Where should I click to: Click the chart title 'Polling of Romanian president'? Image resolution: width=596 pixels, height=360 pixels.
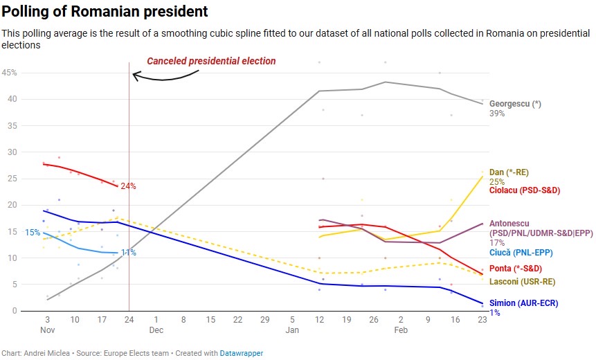click(x=105, y=12)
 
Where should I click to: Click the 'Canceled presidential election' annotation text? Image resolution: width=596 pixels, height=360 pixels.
click(x=211, y=61)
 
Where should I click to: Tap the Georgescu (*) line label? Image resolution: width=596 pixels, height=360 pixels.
click(x=515, y=104)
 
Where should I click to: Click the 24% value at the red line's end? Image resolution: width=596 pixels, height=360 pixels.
click(x=128, y=186)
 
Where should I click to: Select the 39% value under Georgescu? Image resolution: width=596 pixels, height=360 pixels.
click(x=497, y=114)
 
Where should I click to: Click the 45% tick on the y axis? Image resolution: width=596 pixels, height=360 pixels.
click(x=9, y=73)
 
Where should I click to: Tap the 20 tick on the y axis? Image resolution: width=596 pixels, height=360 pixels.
click(x=12, y=205)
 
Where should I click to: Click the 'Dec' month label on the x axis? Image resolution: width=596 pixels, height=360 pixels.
click(x=155, y=330)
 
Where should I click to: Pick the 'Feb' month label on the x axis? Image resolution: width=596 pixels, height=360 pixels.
click(x=401, y=330)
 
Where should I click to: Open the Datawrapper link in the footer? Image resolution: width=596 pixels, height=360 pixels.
click(x=242, y=353)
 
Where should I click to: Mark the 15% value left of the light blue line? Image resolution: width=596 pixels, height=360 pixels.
click(x=33, y=233)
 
